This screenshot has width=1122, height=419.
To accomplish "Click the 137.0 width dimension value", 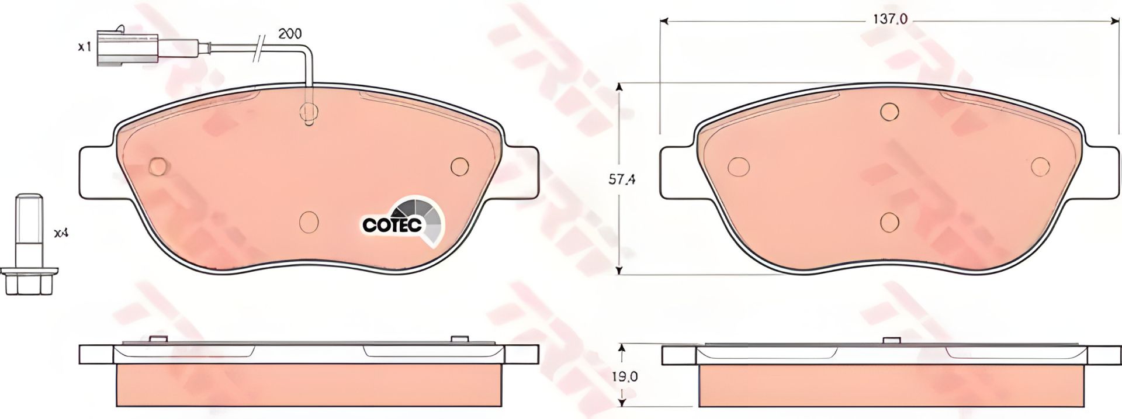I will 889,19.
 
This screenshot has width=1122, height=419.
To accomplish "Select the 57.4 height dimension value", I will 622,180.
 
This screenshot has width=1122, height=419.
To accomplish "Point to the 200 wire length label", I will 290,34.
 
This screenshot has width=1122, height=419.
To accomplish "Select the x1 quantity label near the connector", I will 85,47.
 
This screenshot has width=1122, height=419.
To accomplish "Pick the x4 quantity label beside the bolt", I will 61,234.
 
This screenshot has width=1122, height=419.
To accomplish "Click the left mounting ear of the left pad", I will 96,172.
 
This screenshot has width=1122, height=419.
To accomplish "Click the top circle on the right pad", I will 889,111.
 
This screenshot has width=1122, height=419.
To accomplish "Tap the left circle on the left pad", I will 159,167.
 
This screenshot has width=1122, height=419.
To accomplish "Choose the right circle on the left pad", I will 460,167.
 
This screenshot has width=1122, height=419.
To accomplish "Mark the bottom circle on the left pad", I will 309,221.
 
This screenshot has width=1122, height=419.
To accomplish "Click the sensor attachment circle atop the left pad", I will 308,111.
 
